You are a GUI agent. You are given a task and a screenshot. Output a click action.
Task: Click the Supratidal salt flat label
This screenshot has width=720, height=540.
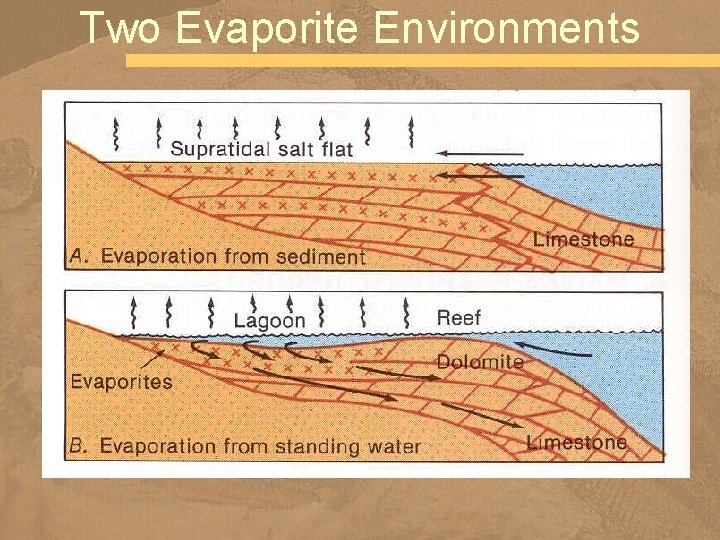(262, 150)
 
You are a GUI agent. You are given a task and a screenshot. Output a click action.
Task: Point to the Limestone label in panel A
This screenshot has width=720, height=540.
(584, 239)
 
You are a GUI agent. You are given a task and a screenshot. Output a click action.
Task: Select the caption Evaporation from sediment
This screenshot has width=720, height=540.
(233, 257)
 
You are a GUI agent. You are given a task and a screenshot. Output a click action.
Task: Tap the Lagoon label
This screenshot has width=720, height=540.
(269, 321)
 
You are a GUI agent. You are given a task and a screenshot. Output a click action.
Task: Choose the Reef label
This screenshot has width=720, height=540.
(459, 318)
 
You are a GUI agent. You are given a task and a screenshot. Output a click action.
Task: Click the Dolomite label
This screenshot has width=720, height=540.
(480, 361)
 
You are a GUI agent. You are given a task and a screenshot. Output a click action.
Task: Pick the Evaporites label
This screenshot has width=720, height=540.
(122, 381)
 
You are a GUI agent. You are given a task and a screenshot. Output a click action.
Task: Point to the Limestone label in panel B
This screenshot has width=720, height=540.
(577, 441)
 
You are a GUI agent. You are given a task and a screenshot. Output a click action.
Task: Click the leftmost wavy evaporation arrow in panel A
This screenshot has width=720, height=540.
(118, 131)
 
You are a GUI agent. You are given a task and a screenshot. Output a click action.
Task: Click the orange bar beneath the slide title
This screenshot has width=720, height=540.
(420, 60)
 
